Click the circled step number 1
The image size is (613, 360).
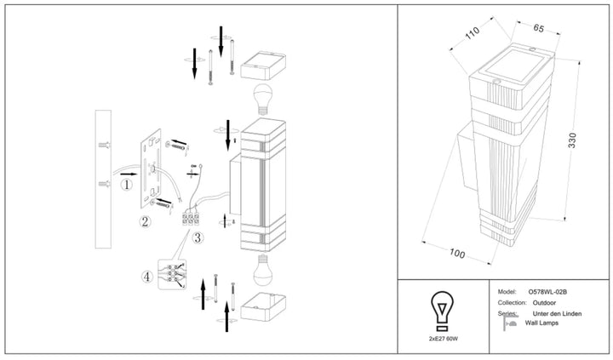pos(126,184)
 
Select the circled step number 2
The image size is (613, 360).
pos(145,221)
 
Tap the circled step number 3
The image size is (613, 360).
pos(198,237)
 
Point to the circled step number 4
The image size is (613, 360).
pos(146,277)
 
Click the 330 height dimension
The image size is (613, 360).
pos(572,140)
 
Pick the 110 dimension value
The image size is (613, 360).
pos(472,33)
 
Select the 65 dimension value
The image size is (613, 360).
pos(538,28)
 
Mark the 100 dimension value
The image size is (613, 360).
pos(456,254)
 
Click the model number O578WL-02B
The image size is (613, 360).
pos(547,292)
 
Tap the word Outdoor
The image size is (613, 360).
pos(544,302)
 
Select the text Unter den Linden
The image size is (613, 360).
pos(557,313)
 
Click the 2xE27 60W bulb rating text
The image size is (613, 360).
pos(443,339)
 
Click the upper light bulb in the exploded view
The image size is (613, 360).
pos(263,99)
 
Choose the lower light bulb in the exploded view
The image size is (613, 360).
pos(263,270)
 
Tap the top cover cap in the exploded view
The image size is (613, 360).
pos(263,66)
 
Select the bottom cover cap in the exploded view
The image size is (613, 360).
pos(263,307)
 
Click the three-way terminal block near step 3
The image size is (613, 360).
pos(191,219)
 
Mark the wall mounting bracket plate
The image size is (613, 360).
pos(151,168)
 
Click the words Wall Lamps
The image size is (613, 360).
pos(541,323)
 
